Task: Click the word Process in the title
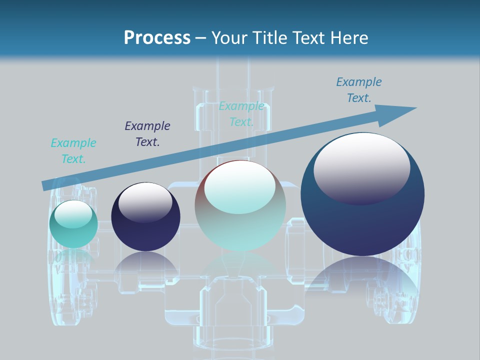(157, 37)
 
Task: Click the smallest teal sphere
(73, 235)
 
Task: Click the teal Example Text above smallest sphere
(73, 151)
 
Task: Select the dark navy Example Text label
(147, 134)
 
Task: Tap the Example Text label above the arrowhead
(359, 90)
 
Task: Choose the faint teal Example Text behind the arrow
(241, 114)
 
